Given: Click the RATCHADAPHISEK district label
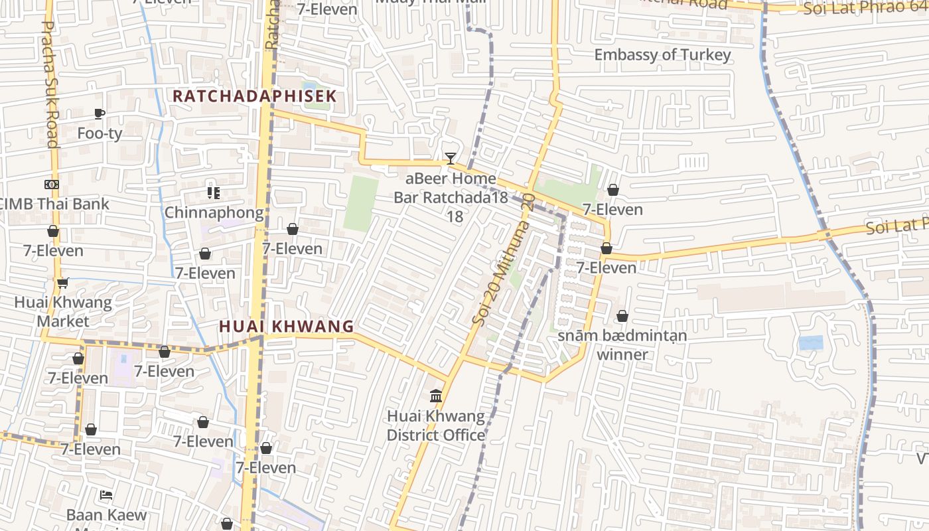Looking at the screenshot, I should point(255,96).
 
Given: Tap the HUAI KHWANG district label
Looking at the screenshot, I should point(287,327).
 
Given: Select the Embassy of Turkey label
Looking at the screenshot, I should point(662,55).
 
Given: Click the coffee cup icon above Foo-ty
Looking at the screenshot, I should point(100,114).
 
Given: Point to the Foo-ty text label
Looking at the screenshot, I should point(100,133).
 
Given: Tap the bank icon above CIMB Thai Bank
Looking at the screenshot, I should point(52,185).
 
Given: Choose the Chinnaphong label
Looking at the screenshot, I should point(214,213).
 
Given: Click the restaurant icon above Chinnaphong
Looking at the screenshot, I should point(213,193).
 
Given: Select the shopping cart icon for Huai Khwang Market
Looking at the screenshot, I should point(63,283).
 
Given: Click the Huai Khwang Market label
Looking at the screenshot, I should point(64,312).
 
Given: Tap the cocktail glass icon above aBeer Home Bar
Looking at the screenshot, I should point(451,159).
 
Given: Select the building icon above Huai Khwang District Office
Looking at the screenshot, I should point(436,396).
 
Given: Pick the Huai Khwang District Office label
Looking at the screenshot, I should point(436,426).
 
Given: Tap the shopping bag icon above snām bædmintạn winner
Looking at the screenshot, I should point(622,316).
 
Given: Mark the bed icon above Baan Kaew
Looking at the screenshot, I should point(106,495).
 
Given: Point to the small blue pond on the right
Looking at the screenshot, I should point(811,343).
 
